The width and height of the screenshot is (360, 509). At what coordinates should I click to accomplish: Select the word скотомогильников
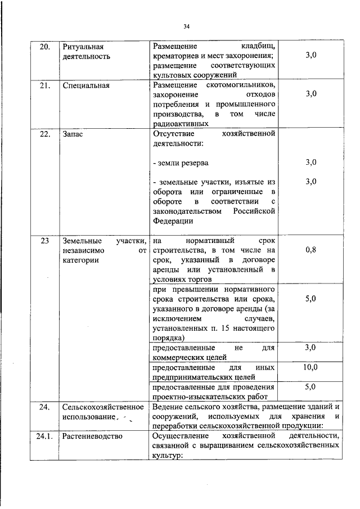(241, 85)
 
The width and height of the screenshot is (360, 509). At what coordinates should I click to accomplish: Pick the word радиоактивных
(180, 124)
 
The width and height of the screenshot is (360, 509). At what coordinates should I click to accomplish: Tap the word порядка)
(168, 337)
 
